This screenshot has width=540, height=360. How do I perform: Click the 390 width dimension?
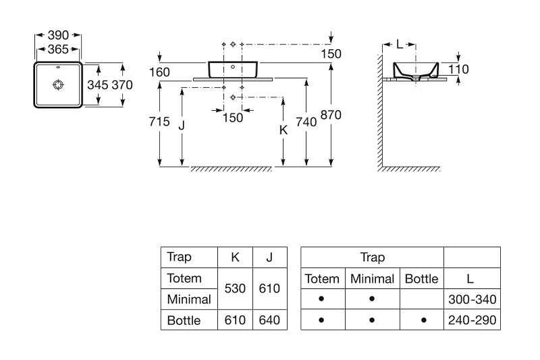coord(58,34)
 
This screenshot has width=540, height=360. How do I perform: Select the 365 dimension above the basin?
coord(58,49)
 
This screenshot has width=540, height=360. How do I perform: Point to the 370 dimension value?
coord(122,84)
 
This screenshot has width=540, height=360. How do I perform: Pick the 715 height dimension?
coord(159,122)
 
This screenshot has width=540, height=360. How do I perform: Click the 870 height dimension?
coord(331,115)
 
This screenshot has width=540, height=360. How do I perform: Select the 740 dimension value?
coord(306,122)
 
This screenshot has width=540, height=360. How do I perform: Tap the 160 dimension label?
coord(160,72)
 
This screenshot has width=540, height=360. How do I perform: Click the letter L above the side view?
coord(400,45)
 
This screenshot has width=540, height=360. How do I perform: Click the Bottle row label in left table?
coord(183,320)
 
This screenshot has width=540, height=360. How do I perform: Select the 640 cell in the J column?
coord(269,320)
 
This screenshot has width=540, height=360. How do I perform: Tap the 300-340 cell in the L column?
coord(472,299)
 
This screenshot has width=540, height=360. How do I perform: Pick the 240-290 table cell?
coord(472,320)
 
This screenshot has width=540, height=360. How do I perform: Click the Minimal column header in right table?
coord(372,278)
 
